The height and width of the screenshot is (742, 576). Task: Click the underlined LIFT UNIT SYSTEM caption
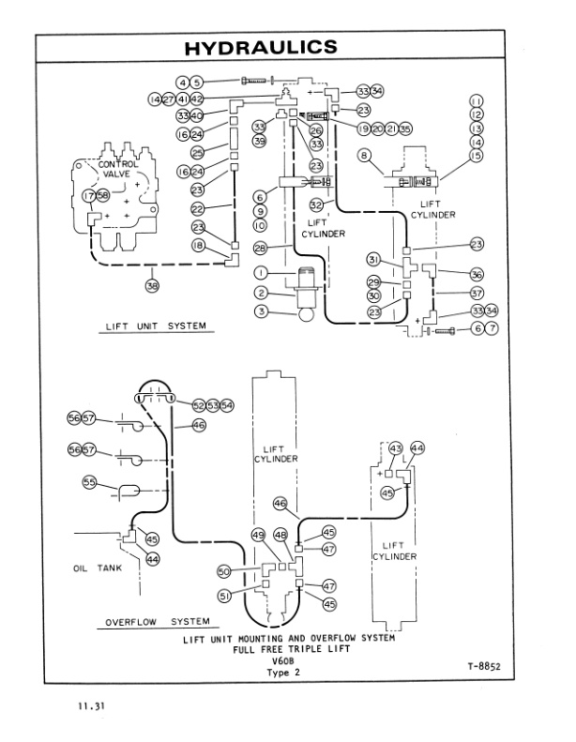tap(153, 326)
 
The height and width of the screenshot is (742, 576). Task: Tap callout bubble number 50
tap(224, 569)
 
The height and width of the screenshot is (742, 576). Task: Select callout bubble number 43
tap(395, 448)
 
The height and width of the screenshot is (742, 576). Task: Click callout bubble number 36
tap(477, 274)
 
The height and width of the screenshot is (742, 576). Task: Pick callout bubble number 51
tap(224, 594)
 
